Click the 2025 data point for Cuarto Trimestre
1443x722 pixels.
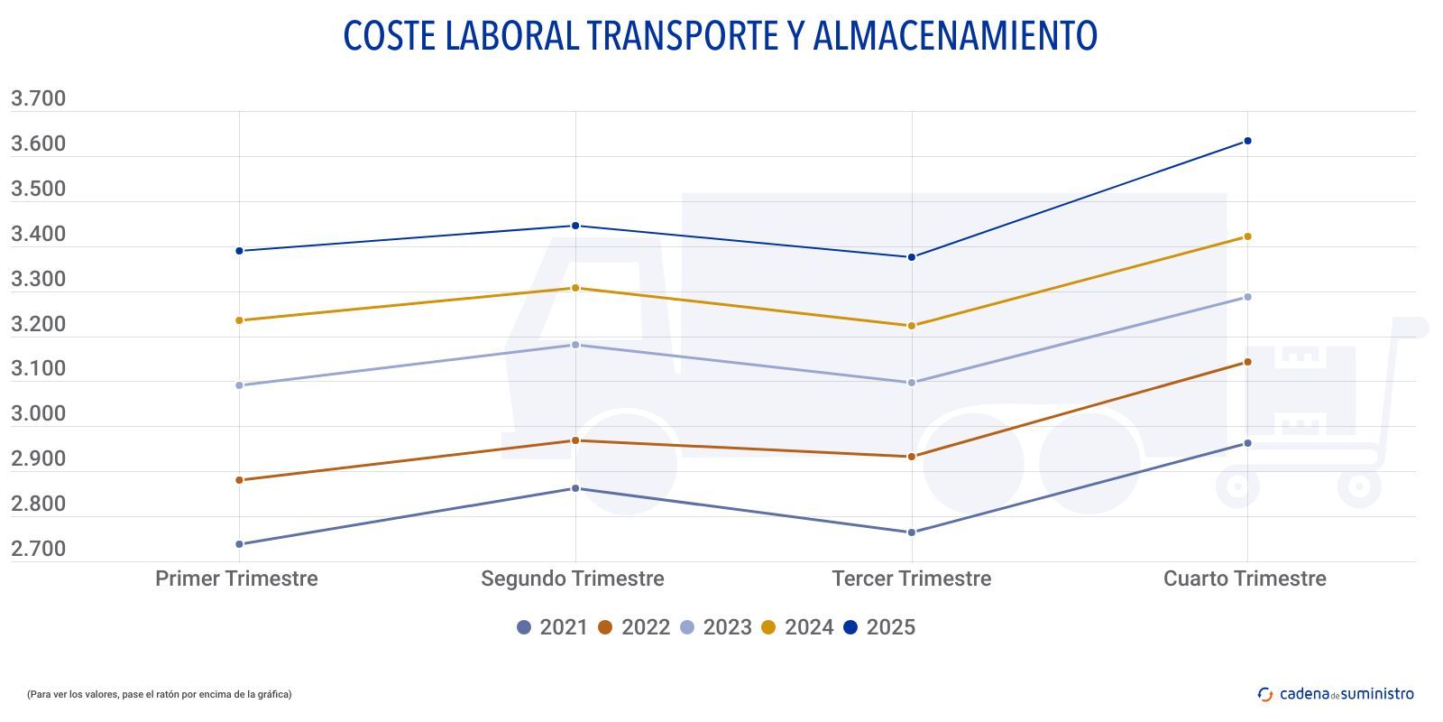coord(1247,141)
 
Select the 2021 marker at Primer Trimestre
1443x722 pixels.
coord(239,544)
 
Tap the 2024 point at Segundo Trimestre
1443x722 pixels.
coord(575,288)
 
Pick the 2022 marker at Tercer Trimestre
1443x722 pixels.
coord(911,457)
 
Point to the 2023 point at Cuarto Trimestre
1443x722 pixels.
coord(1247,297)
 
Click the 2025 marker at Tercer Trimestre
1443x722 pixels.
coord(911,257)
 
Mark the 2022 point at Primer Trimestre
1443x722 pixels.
coord(239,480)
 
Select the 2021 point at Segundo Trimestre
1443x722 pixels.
coord(575,488)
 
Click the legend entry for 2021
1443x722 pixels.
coord(552,627)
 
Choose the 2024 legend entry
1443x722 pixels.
coord(797,627)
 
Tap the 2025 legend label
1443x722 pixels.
coord(890,627)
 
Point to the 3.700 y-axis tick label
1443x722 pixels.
coord(38,98)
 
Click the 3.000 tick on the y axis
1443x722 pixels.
coord(38,414)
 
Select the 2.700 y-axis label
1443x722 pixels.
coord(38,549)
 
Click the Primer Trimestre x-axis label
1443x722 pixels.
coord(236,579)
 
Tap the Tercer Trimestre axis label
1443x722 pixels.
coord(911,579)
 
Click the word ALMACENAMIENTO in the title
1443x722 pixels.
coord(954,36)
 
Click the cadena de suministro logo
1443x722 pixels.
coord(1336,694)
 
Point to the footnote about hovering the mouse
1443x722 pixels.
coord(159,694)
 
